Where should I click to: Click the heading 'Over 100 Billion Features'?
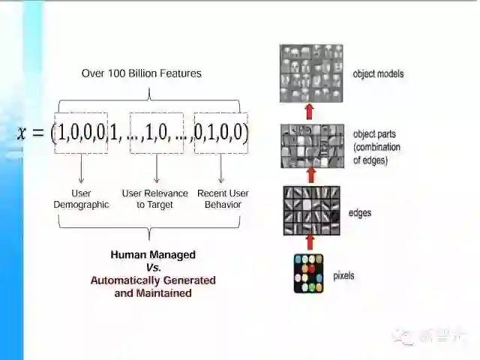pos(141,73)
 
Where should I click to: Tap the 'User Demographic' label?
pos(81,199)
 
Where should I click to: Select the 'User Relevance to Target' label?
pos(155,199)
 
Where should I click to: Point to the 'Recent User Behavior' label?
pos(223,199)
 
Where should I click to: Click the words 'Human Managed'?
pos(153,255)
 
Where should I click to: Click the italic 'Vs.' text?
pos(153,267)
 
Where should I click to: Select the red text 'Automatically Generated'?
pos(153,280)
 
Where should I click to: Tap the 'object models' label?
pos(378,74)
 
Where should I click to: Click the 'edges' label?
pos(360,213)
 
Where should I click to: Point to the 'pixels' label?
pos(343,275)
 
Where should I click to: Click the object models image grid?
pos(311,73)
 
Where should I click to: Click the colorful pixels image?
pos(308,273)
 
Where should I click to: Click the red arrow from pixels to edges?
pos(309,242)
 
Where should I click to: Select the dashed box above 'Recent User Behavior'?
pos(220,133)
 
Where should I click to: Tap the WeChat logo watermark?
pos(405,337)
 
